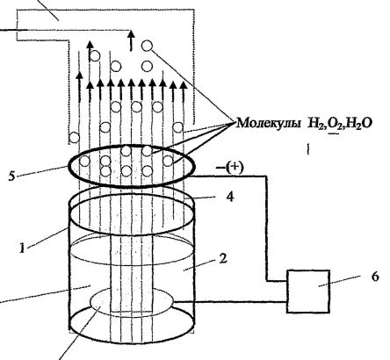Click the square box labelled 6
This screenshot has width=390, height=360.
[308, 292]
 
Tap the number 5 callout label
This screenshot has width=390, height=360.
[11, 176]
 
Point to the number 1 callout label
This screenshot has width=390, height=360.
[22, 248]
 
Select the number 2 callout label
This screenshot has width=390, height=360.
[223, 258]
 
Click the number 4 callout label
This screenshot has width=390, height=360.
[230, 197]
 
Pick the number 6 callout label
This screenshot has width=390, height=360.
[375, 277]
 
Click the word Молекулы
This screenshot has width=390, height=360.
[268, 123]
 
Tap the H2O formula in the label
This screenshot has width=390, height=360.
[360, 124]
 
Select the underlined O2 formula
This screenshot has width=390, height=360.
[335, 124]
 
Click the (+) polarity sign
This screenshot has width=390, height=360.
[235, 168]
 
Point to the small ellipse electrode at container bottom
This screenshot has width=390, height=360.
[132, 301]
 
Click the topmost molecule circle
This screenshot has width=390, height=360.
[147, 46]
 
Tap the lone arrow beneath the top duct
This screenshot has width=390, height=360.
[131, 40]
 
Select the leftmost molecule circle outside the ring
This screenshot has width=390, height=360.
[74, 137]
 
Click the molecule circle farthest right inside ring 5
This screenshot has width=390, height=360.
[168, 161]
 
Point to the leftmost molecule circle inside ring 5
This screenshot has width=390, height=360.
[84, 161]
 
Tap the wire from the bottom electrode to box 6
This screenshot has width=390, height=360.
[230, 302]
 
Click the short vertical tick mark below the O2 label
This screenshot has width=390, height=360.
[308, 148]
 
